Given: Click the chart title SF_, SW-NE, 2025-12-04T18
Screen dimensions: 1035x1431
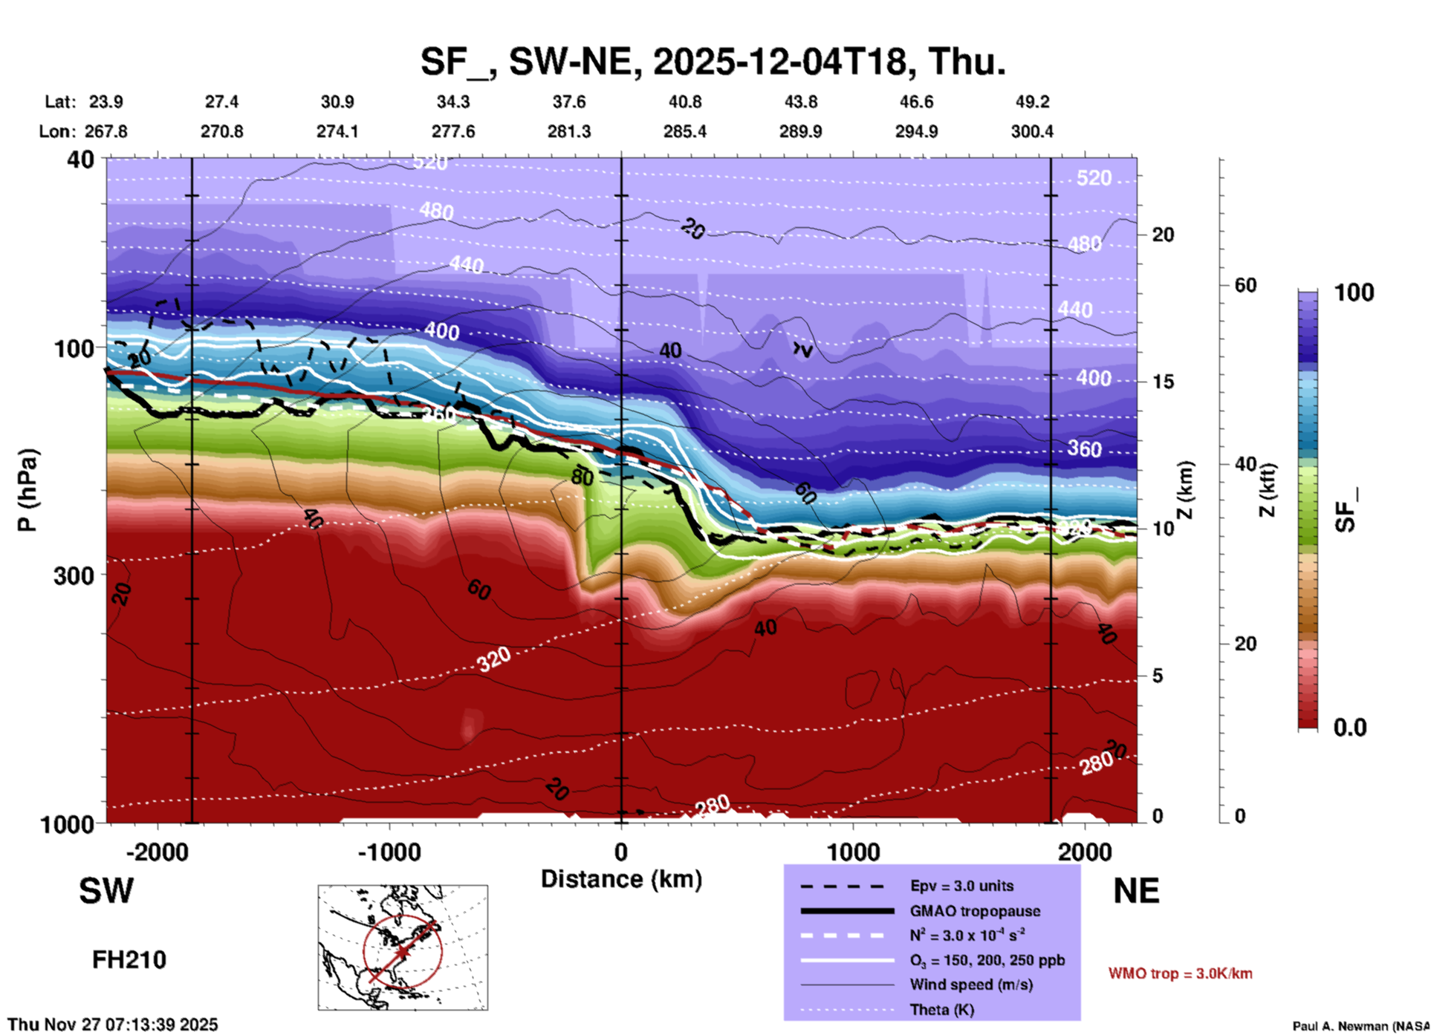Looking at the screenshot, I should (713, 61).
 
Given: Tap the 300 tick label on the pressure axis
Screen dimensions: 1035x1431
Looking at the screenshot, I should (74, 575).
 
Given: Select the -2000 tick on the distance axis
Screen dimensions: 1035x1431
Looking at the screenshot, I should (157, 852).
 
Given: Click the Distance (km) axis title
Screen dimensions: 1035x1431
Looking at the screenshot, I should (621, 879).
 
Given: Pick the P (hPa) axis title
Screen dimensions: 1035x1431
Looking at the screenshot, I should (27, 490).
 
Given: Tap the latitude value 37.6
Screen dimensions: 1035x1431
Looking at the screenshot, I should (569, 102).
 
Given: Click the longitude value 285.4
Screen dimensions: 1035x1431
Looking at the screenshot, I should (684, 131).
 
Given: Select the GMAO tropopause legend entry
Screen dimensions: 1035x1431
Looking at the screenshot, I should (974, 911).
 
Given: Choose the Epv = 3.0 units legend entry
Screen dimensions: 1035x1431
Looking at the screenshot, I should (961, 886).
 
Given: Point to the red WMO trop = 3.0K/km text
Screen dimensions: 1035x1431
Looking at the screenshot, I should (1180, 973).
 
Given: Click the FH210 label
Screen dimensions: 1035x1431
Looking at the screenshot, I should (129, 960).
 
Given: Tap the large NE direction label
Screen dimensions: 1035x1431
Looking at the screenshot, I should (1136, 891).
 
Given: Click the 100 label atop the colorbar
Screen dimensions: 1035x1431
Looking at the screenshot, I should (1354, 293).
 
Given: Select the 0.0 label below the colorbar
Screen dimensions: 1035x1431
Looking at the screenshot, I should (1349, 728).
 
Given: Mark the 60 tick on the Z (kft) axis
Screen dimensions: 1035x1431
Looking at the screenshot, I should (1245, 285).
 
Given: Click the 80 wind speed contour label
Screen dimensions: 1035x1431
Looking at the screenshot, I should (582, 477).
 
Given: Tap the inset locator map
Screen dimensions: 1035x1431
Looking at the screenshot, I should (403, 947).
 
